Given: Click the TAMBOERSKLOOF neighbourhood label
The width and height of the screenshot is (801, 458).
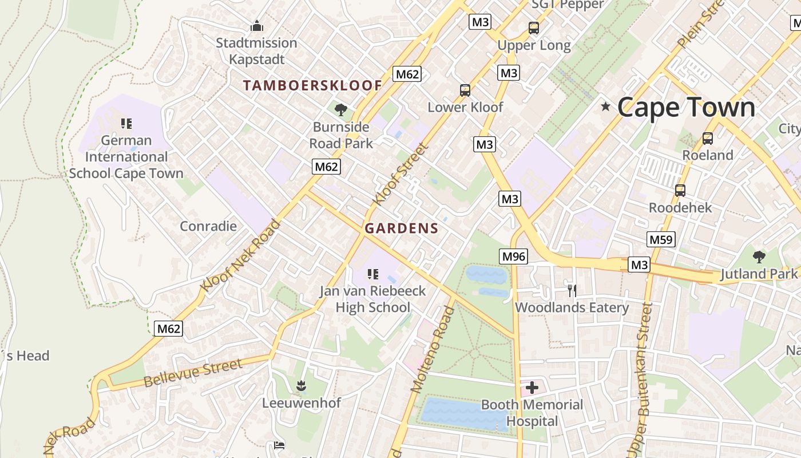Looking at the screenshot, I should [x=312, y=86].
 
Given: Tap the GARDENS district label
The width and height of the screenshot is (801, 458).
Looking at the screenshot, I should [x=402, y=228].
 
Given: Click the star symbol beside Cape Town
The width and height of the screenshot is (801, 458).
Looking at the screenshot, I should [x=605, y=106].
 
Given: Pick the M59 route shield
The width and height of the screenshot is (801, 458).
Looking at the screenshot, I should [x=661, y=239].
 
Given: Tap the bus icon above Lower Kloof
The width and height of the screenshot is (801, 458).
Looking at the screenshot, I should [x=465, y=90].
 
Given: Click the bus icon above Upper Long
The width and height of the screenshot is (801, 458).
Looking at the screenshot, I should [x=533, y=27].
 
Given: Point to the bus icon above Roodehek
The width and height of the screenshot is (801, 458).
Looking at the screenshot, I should [x=680, y=190].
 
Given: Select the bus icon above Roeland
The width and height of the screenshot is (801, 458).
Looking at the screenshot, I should [x=708, y=138].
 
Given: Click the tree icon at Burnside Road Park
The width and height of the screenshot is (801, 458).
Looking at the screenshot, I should [x=341, y=109].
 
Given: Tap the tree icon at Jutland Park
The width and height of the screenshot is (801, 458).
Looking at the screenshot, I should [x=759, y=256].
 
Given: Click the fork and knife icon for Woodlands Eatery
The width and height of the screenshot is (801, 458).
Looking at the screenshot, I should [x=572, y=290].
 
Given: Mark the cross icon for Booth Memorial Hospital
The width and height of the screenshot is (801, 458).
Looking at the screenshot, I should [x=532, y=388].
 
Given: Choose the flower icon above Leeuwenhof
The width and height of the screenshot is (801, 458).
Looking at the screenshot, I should [x=301, y=386].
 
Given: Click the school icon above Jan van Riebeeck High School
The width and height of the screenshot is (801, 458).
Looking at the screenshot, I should [x=373, y=274].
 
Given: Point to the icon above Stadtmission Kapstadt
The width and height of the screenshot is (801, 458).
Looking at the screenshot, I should [x=257, y=26].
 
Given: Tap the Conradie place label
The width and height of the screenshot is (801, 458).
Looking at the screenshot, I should [x=208, y=226].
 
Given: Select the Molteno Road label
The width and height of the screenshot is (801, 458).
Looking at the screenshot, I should [x=433, y=349].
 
